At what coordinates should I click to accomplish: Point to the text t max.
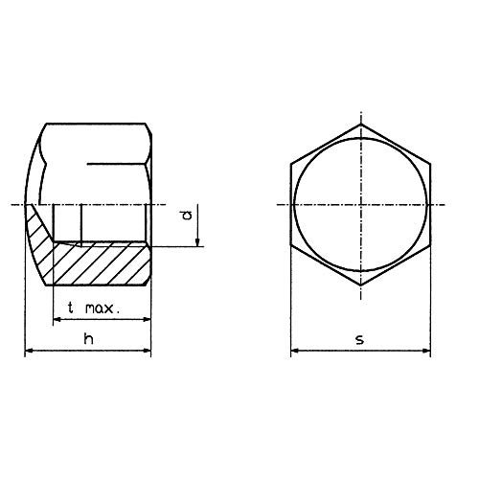coord(94,308)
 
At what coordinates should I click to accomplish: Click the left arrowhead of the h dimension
coord(28,353)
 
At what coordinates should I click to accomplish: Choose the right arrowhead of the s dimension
coord(429,353)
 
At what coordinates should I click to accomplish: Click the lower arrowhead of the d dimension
coord(198,242)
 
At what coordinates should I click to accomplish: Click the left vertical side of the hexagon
coord(290,205)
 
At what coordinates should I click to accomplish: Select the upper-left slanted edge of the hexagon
coord(326,145)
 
